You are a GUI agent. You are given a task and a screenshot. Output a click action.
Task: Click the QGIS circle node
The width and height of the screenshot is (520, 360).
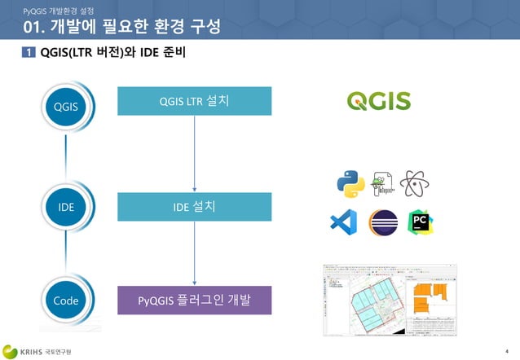point(67,106)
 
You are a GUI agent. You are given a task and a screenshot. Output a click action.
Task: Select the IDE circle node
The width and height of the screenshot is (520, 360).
point(67,206)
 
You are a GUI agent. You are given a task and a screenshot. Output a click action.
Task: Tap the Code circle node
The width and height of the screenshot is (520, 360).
point(67,301)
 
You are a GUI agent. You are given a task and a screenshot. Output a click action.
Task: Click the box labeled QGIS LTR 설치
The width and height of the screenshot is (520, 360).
point(194,101)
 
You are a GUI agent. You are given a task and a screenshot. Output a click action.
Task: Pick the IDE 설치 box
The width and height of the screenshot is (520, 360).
point(194,207)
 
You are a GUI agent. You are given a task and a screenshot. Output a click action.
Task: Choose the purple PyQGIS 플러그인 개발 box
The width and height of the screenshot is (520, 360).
point(194,301)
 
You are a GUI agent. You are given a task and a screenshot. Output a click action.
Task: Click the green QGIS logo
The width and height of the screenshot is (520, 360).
point(379,101)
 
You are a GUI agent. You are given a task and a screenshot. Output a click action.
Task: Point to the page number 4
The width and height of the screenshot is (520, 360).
point(506,349)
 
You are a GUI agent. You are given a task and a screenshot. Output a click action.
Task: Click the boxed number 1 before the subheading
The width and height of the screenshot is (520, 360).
point(28,53)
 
